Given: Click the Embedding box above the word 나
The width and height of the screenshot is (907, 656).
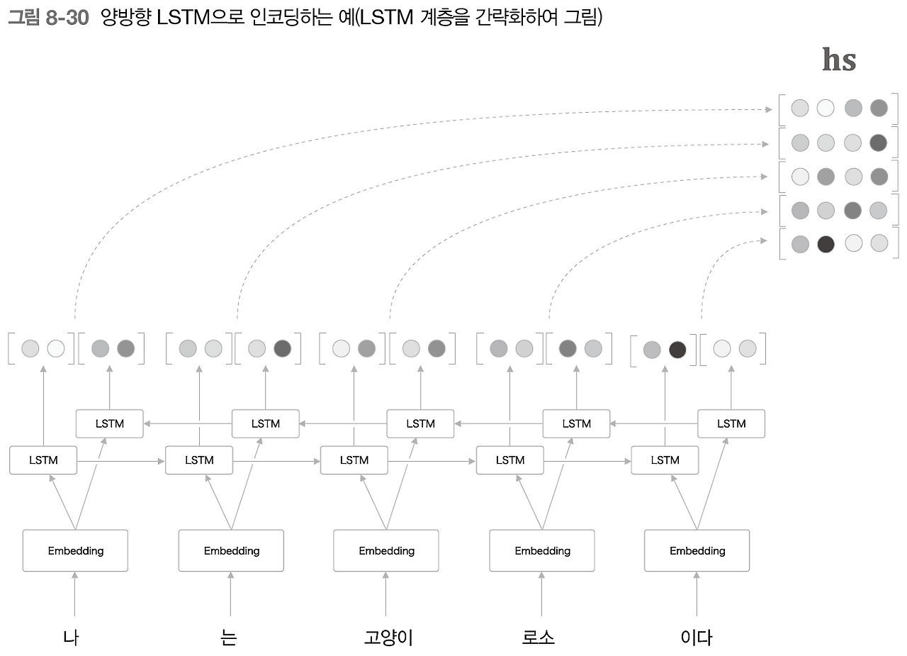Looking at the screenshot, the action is (75, 550).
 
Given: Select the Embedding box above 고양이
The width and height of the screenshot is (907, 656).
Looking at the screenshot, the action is (386, 550).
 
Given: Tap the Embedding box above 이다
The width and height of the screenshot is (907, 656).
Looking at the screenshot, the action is (697, 550).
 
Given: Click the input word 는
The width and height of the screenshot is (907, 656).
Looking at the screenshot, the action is (229, 638).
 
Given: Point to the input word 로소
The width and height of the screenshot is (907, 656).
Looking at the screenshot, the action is (539, 638).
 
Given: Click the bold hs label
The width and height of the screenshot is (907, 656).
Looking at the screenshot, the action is (839, 60).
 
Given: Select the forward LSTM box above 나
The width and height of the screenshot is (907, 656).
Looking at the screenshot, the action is (43, 460).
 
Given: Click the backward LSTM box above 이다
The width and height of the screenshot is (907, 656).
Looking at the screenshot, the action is (731, 423).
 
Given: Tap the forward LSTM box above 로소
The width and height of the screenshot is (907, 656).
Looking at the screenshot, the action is (509, 460).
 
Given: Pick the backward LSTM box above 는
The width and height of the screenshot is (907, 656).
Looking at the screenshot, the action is (266, 423).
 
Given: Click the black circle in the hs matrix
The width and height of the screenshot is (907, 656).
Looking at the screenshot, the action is (826, 245).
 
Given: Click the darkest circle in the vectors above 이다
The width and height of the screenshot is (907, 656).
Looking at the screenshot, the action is (677, 349).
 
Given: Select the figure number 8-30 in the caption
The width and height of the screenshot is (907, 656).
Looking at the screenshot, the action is (67, 18).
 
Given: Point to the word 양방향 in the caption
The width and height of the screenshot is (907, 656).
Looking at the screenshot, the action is (125, 18).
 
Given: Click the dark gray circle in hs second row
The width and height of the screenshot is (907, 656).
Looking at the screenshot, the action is (879, 143).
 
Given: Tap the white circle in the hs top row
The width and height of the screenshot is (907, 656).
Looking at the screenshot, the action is (826, 109).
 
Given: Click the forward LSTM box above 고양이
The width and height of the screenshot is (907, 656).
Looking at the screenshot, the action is (354, 460).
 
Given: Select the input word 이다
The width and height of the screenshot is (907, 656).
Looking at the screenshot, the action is (696, 638).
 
